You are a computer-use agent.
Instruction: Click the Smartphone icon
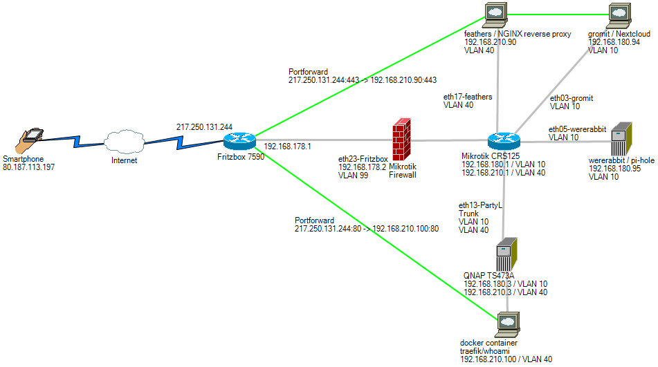coord(31,142)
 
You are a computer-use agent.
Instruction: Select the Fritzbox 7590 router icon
coord(239,141)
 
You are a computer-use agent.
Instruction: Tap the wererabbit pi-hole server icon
coord(619,141)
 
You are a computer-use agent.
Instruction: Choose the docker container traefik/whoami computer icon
coord(508,323)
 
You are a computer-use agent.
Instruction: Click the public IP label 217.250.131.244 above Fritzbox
coord(204,127)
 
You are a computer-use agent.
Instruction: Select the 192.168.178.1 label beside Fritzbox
coord(288,147)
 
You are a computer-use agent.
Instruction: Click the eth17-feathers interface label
coord(468,97)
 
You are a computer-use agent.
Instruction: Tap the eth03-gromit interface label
coord(571,98)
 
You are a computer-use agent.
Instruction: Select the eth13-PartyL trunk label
coord(480,205)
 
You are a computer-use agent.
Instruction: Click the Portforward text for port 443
coord(308,72)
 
